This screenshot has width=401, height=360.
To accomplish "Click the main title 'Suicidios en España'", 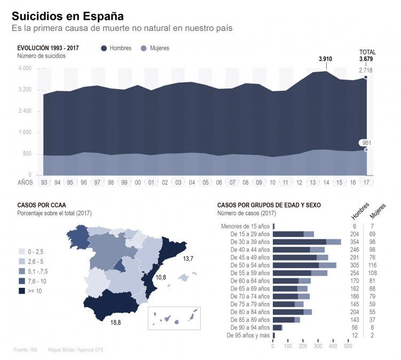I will pos(67,16).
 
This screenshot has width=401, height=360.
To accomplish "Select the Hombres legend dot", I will pos(104,49).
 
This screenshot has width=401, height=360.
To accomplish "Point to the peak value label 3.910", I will pos(325,59).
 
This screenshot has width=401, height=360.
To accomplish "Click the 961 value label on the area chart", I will pos(366,143).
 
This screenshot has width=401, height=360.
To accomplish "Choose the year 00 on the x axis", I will pos(137,183).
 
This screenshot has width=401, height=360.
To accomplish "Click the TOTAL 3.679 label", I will pos(367,56).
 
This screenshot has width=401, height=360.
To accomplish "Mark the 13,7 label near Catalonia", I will pos(187,259).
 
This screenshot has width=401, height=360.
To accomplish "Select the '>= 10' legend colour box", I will pos(22,291).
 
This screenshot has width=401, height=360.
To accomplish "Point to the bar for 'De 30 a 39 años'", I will pos(307,242).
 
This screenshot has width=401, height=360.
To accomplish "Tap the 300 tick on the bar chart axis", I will pos(318,346).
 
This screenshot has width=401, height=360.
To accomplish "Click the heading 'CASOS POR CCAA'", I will pos(42,205).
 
